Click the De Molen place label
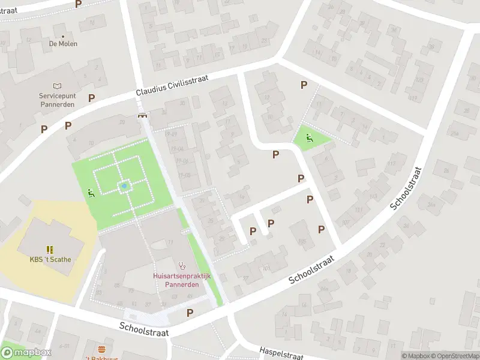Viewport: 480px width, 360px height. click(x=63, y=44)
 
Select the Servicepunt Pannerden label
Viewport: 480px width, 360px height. click(x=58, y=100)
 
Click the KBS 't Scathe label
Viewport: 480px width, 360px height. click(x=50, y=260)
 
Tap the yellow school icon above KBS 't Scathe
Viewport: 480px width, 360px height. click(x=50, y=249)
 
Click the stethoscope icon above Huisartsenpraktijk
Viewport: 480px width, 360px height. click(x=182, y=265)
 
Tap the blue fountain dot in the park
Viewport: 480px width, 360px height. click(x=124, y=187)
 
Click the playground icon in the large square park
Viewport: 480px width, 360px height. click(x=91, y=193)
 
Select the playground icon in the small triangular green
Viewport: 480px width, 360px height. click(x=309, y=137)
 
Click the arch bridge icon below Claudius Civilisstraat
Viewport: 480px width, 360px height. click(x=143, y=116)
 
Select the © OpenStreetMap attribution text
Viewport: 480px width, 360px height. click(x=450, y=356)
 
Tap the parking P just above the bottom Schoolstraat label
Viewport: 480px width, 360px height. click(x=190, y=313)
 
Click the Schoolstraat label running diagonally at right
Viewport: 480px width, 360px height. click(x=406, y=188)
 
